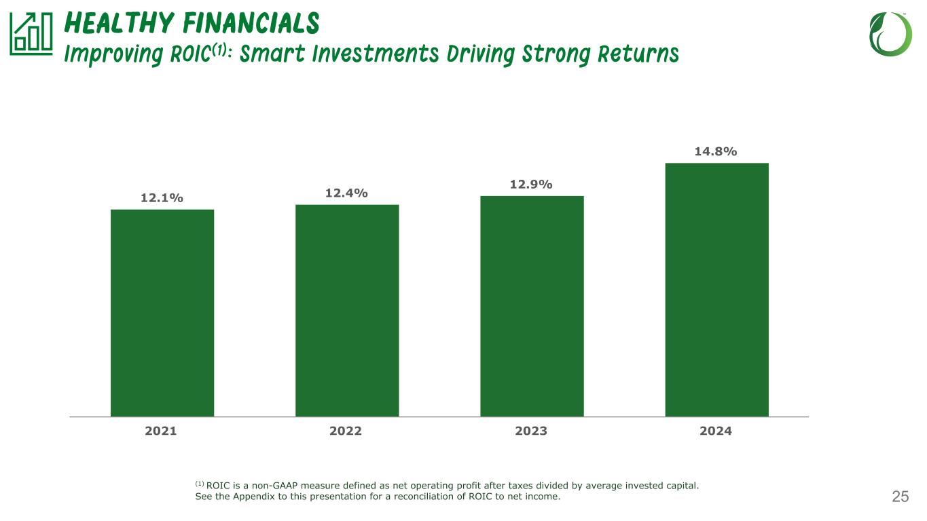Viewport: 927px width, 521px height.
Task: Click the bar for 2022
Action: [347, 310]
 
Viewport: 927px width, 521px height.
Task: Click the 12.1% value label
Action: [162, 198]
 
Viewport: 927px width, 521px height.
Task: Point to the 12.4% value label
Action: [346, 193]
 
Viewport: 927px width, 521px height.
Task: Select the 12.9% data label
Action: [531, 185]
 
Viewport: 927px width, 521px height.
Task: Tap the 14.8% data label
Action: [716, 151]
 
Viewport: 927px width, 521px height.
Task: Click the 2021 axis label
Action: [161, 431]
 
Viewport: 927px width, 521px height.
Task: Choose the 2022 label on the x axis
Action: [346, 431]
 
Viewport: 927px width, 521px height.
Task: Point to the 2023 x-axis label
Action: [531, 431]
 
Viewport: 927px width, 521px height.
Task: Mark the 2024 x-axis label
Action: [716, 431]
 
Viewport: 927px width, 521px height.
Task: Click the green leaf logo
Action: [890, 34]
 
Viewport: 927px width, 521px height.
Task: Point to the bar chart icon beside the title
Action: [31, 35]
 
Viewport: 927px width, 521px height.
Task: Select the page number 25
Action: [900, 497]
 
